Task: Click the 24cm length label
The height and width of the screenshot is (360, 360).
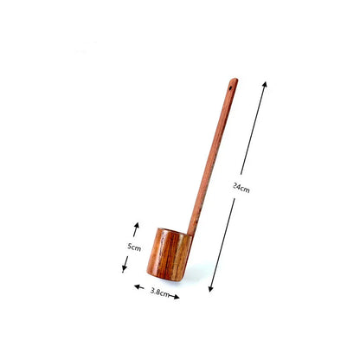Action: (x=241, y=188)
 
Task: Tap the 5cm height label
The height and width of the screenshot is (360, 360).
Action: (x=134, y=247)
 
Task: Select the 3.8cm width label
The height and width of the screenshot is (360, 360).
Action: (x=159, y=292)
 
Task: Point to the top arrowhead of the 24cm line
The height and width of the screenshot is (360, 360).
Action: (x=265, y=84)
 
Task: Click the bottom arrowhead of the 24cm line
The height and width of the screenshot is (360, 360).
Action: (x=211, y=288)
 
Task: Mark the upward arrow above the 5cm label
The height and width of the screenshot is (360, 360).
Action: (x=136, y=229)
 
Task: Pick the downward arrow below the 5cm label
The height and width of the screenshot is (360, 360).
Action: (x=125, y=265)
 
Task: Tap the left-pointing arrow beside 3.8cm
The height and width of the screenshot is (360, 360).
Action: (x=139, y=286)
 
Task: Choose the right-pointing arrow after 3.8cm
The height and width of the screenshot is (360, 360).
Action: (x=174, y=296)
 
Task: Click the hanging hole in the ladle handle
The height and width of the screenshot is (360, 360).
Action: (x=231, y=87)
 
